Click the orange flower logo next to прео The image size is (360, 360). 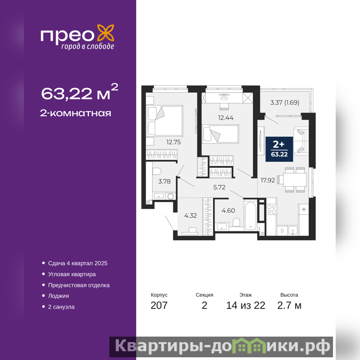[106, 33]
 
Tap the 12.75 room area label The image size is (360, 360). [173, 142]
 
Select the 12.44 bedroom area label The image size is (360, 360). [226, 118]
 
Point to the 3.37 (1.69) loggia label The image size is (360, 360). [285, 103]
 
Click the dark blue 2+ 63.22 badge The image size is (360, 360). [279, 149]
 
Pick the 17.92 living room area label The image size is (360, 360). [268, 180]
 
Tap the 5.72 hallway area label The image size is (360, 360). [219, 187]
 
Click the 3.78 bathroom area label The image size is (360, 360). [164, 181]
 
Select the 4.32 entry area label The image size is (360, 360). [190, 216]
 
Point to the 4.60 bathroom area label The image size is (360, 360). [228, 211]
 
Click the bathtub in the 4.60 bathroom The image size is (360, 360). [250, 216]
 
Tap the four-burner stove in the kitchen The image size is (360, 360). [271, 209]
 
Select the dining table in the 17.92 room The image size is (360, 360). [295, 180]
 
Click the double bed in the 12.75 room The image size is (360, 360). [165, 121]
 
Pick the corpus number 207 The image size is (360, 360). [159, 306]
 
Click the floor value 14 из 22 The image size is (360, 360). [246, 306]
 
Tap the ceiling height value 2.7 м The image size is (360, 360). [289, 306]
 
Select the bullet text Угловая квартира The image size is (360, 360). [72, 274]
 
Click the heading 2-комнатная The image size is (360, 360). [76, 113]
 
